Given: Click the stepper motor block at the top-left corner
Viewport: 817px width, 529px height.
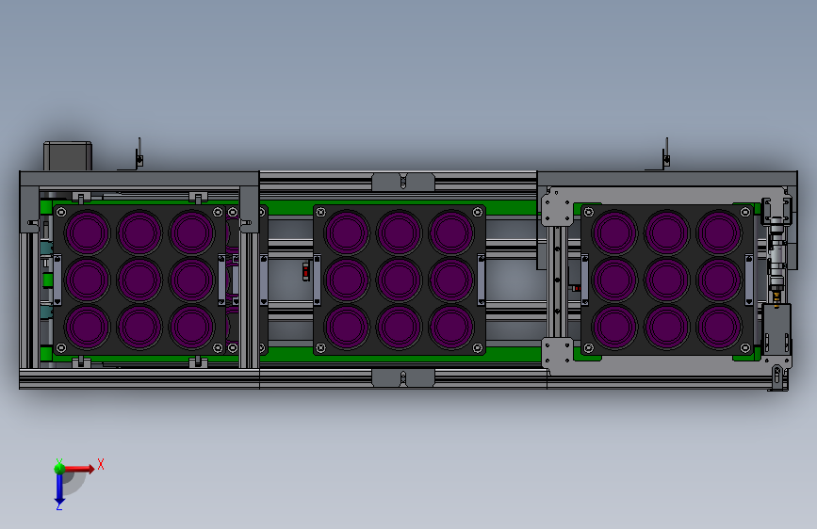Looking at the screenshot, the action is coord(68,155).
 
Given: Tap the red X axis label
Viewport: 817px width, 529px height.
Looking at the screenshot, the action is coord(101,464).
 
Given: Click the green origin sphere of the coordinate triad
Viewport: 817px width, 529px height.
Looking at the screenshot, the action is coord(59,469).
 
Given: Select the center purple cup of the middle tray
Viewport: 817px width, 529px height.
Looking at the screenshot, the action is coord(400,280).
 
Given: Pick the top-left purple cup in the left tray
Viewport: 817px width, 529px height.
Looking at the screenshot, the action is coord(87,232).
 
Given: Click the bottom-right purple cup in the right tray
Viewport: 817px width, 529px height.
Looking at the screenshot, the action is coord(719,327).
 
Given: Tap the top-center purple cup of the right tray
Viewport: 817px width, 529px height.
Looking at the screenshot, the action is coord(667,232).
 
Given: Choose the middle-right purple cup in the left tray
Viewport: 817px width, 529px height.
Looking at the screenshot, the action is coord(191,280).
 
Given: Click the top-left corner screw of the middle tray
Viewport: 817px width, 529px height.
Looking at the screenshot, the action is coord(321,212).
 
